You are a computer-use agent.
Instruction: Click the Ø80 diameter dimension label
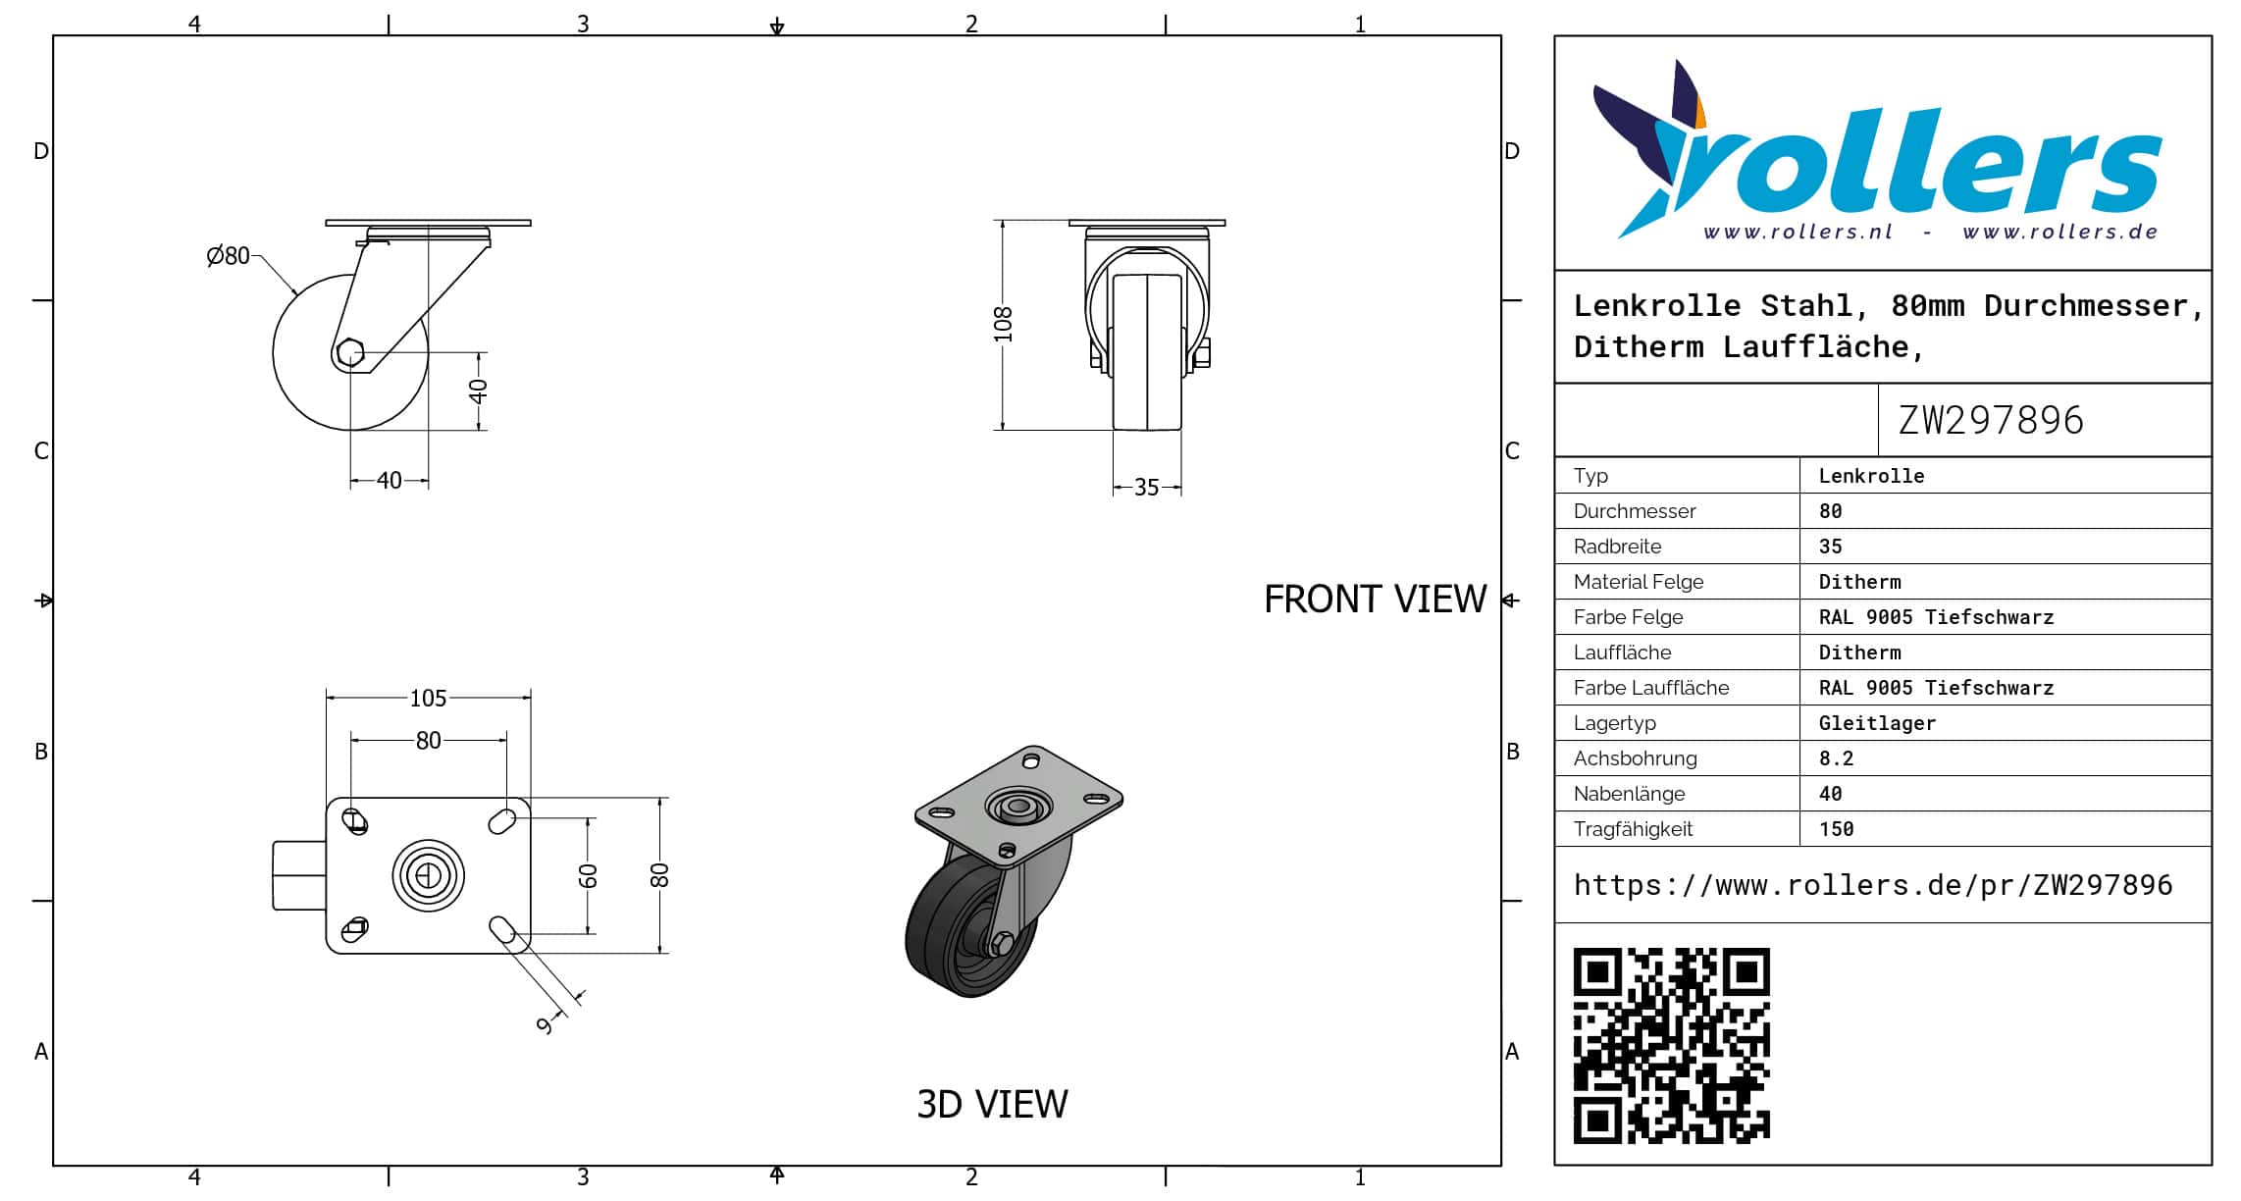click(228, 256)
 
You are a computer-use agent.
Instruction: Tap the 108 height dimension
click(1003, 325)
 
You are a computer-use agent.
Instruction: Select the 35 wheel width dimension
click(1146, 488)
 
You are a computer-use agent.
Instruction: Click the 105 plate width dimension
click(428, 698)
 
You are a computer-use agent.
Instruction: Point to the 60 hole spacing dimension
click(588, 875)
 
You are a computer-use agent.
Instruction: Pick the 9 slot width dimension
click(546, 1025)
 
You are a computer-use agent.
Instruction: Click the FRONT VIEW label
click(1375, 600)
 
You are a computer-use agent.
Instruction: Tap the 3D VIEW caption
click(992, 1105)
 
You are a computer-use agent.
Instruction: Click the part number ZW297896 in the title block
click(1990, 421)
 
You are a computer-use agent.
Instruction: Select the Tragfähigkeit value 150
click(1836, 829)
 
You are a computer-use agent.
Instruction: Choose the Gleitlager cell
click(1877, 723)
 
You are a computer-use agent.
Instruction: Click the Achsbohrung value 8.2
click(1836, 758)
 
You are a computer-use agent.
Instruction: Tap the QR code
click(1671, 1045)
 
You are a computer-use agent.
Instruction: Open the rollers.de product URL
click(1872, 885)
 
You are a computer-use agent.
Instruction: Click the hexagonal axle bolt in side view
click(349, 352)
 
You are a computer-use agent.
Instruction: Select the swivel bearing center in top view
click(428, 875)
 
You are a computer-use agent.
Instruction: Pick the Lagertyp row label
click(1614, 723)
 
